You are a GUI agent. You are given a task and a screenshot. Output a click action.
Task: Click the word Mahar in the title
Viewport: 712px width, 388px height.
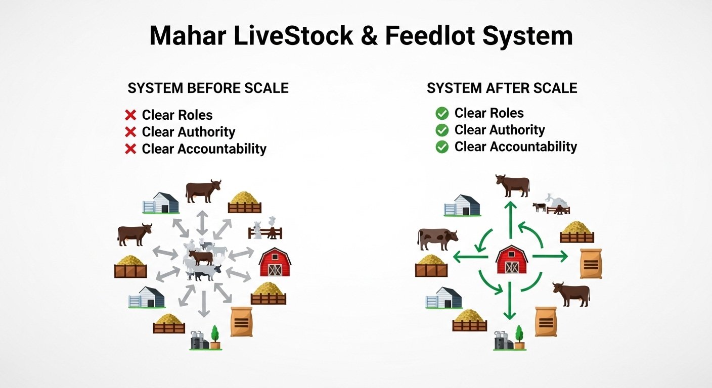(x=188, y=35)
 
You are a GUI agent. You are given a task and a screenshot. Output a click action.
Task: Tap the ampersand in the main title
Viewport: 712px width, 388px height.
(x=369, y=35)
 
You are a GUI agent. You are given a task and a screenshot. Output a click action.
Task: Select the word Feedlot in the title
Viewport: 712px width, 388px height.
(x=430, y=35)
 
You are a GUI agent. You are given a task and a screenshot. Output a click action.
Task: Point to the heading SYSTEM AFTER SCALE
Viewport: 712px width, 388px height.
(x=502, y=88)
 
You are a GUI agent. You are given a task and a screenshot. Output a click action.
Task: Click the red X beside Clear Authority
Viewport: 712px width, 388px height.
(x=130, y=132)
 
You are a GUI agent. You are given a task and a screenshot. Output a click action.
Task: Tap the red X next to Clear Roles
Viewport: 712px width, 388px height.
(x=130, y=115)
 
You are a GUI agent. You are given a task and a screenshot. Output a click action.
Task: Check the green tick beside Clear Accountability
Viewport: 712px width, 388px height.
(x=442, y=147)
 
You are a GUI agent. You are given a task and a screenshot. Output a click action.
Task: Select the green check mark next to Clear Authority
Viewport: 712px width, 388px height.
(x=442, y=130)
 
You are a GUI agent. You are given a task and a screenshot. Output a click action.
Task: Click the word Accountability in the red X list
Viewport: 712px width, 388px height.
(x=222, y=149)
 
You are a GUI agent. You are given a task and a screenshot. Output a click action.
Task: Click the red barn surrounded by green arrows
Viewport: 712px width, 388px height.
(x=511, y=259)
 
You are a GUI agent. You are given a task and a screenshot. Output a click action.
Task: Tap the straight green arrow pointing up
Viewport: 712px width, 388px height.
(x=511, y=220)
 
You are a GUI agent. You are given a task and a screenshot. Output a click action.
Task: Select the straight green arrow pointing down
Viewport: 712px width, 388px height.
(x=510, y=301)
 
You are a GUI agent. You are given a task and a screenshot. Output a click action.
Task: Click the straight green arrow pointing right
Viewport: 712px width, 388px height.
(x=550, y=256)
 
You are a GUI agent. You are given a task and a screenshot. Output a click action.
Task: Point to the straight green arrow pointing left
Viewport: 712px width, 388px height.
(x=470, y=257)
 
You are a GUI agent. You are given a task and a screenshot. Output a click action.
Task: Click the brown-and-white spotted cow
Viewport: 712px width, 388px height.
(x=438, y=239)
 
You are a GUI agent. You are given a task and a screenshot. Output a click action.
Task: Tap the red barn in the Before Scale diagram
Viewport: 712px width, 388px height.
(x=275, y=262)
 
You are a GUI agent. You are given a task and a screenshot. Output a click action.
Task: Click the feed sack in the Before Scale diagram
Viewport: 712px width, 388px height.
(x=242, y=322)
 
